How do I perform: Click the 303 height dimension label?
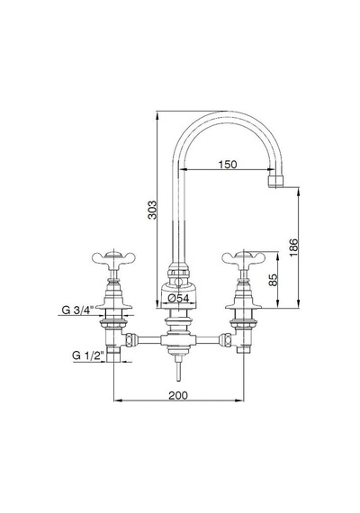(152, 210)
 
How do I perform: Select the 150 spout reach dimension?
(228, 164)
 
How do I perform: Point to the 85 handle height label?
(273, 280)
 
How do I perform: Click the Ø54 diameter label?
(178, 298)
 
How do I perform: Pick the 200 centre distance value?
(178, 395)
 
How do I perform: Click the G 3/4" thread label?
(78, 310)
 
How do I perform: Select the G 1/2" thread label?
(88, 355)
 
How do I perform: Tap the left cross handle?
(113, 257)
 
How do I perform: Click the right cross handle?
(244, 257)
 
